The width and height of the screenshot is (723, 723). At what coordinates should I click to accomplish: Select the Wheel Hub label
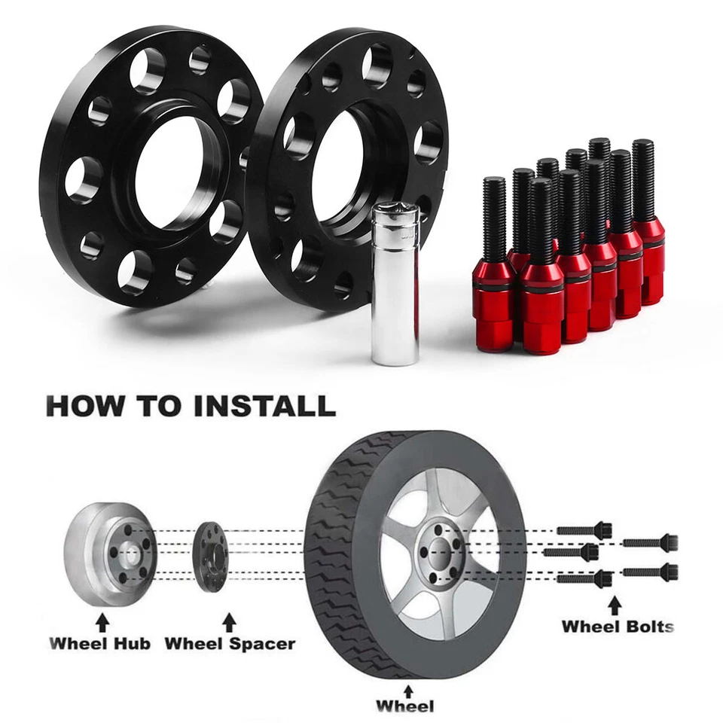pyautogui.click(x=100, y=644)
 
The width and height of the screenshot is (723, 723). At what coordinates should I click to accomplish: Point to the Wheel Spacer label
pyautogui.click(x=230, y=644)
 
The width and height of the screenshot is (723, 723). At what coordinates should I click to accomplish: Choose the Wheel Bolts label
pyautogui.click(x=618, y=626)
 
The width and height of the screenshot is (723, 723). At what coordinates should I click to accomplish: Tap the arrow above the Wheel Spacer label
pyautogui.click(x=230, y=621)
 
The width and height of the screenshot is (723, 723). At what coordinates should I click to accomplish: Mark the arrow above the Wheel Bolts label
pyautogui.click(x=615, y=603)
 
